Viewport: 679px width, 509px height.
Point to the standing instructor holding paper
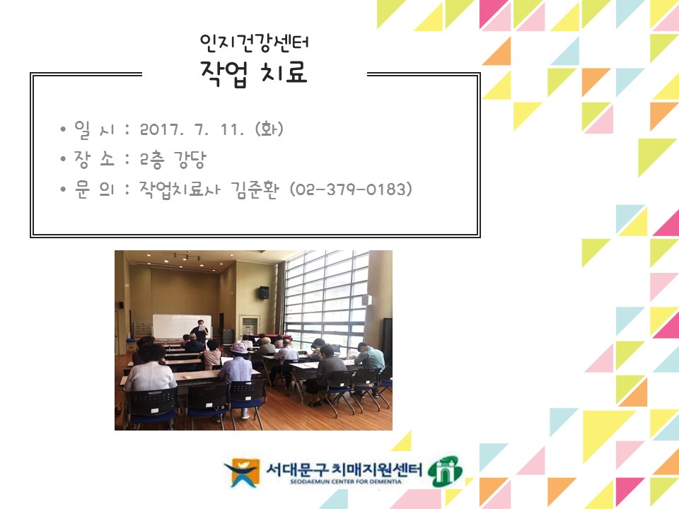pos(201,331)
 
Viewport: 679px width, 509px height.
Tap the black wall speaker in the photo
pos(264,292)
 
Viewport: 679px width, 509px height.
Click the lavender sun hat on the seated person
pos(239,347)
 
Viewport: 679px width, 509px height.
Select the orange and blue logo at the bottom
pos(241,472)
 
